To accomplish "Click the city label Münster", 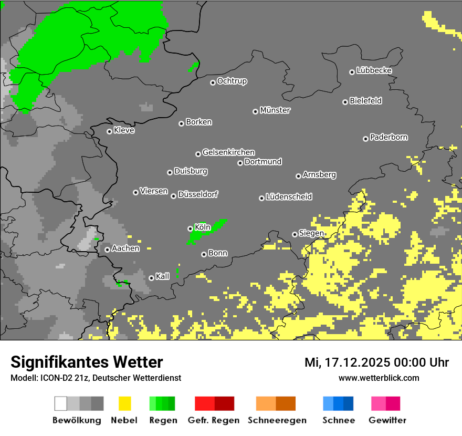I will click(x=275, y=110).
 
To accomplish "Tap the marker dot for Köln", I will click(x=190, y=229).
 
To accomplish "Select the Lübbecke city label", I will click(x=374, y=70).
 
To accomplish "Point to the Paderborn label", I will click(x=388, y=137).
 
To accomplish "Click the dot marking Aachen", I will click(x=107, y=250).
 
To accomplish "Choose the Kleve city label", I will click(x=124, y=130).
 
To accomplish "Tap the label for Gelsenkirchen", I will click(x=228, y=152).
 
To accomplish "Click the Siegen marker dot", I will click(x=295, y=234).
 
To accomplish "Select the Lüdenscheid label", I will click(x=289, y=197).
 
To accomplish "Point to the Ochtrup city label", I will click(x=232, y=81).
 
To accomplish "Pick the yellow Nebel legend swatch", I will click(x=124, y=403).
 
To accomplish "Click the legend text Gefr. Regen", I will click(x=214, y=420).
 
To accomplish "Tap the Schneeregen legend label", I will click(x=277, y=420).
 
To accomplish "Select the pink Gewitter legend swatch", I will click(x=379, y=403).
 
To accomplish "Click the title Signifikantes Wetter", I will click(x=87, y=362).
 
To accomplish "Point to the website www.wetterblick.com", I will click(x=379, y=378).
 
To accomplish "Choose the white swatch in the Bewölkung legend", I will click(x=60, y=403).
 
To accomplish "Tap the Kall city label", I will click(x=162, y=276).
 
